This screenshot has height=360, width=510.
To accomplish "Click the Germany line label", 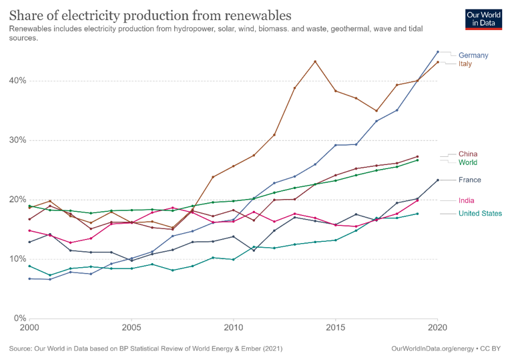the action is [473, 55].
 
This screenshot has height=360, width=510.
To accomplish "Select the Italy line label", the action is [465, 64].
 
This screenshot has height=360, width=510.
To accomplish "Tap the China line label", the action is [468, 154].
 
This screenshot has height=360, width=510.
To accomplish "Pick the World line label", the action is [468, 162].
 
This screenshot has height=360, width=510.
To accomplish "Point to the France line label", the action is [470, 180].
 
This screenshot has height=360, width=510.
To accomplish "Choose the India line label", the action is [467, 200].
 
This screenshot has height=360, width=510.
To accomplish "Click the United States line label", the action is [480, 214].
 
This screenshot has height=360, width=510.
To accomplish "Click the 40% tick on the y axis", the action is [17, 81].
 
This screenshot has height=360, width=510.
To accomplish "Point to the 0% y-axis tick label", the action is [20, 319].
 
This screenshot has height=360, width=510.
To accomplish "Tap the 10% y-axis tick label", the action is [17, 259].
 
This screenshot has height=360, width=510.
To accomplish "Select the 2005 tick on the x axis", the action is [132, 327].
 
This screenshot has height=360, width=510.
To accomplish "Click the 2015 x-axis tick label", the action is [335, 327].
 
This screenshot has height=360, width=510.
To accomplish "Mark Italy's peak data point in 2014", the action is [315, 61].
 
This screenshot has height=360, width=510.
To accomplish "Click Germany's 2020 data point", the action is [437, 52].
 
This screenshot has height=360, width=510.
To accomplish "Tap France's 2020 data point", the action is [437, 180].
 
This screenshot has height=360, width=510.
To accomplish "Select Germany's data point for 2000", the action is [29, 279].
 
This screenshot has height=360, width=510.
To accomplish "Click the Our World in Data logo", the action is [483, 19].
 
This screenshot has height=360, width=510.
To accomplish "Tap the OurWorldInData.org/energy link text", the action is [433, 349].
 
